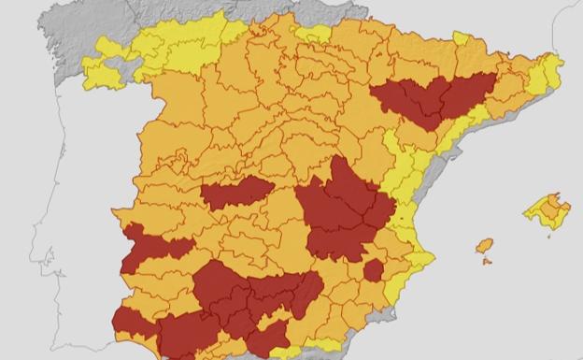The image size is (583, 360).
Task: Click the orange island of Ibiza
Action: [x=484, y=246]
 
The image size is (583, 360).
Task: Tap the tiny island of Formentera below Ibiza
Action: [x=487, y=261]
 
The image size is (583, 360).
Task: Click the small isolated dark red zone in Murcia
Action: [x=374, y=270]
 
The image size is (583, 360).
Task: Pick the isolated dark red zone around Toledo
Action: [x=235, y=194]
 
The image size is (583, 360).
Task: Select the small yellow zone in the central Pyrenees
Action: [x=461, y=39]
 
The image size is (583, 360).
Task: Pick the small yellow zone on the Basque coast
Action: [x=313, y=34]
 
